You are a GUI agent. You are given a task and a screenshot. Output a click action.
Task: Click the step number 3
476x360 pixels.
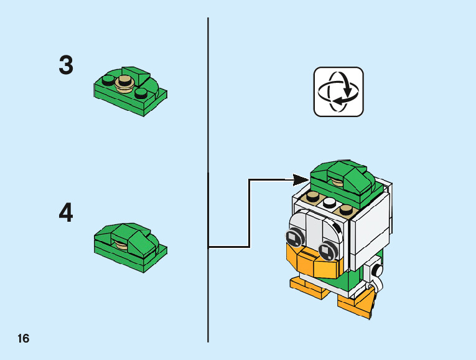tap(66, 65)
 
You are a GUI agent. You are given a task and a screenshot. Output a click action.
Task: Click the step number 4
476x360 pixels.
tap(66, 214)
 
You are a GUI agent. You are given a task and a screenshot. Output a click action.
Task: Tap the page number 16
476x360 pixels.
tap(23, 339)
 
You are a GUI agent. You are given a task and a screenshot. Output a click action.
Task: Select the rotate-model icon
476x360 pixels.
tap(338, 92)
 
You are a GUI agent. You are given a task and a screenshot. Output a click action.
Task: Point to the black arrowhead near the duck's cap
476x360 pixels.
tap(301, 180)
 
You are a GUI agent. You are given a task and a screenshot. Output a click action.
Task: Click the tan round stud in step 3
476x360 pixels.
tap(126, 82)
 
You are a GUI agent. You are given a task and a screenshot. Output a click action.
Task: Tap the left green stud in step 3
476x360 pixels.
tap(109, 80)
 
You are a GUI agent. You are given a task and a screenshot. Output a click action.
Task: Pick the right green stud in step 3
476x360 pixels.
tap(141, 93)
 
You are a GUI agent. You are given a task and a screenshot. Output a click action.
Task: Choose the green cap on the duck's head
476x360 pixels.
tap(340, 176)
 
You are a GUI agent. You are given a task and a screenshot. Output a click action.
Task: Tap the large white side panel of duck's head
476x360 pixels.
tap(368, 230)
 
